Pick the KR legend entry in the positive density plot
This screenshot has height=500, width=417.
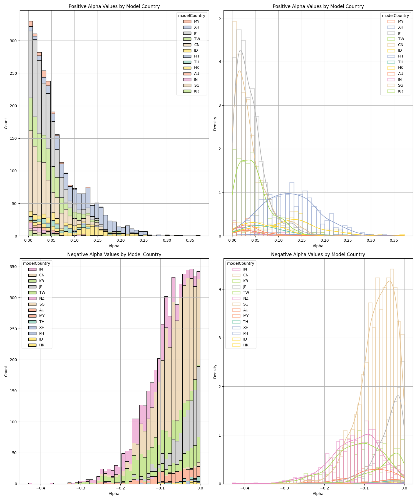click(401, 91)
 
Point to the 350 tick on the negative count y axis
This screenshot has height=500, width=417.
click(14, 267)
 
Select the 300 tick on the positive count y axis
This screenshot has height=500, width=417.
click(14, 41)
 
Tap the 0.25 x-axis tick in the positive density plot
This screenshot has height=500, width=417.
click(348, 241)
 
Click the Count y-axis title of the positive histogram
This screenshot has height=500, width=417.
click(6, 123)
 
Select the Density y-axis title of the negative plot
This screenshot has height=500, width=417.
click(215, 371)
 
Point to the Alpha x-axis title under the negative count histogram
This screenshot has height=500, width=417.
click(114, 494)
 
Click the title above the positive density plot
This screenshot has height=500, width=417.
click(318, 6)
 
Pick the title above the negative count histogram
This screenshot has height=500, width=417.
click(114, 254)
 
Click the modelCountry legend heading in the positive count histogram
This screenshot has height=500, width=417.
click(192, 16)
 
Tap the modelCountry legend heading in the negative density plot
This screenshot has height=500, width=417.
click(240, 263)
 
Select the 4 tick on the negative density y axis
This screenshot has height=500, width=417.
click(220, 289)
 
